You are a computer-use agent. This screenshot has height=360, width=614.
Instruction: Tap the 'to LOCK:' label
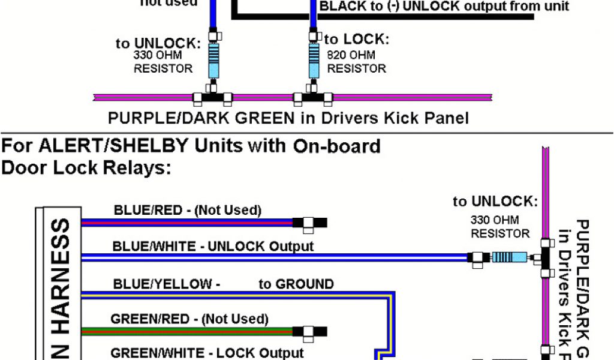click(357, 40)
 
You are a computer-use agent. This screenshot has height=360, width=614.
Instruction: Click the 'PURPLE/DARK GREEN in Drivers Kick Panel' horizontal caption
click(288, 118)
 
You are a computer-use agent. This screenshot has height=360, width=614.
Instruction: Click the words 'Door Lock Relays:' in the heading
click(87, 168)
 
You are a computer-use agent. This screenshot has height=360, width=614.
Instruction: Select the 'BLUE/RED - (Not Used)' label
click(187, 210)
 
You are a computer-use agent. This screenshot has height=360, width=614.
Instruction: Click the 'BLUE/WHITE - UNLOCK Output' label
click(213, 246)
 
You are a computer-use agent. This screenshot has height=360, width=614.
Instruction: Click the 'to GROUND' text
click(296, 284)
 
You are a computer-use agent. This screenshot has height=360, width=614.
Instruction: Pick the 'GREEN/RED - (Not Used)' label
click(189, 319)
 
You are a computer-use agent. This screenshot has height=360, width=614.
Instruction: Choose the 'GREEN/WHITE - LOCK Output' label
click(207, 353)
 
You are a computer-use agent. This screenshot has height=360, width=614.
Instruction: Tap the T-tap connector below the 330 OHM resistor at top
click(212, 97)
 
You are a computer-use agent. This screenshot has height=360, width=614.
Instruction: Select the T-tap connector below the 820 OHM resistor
click(312, 97)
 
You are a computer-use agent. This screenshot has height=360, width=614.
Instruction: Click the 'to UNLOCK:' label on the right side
click(495, 202)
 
